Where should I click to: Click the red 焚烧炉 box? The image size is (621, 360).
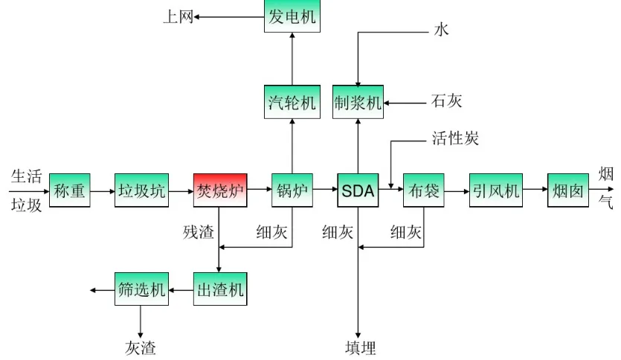[x=219, y=191]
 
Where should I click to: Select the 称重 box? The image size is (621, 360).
[x=70, y=191]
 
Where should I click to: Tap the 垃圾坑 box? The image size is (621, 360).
[x=142, y=191]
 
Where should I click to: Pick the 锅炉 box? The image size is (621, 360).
[x=292, y=191]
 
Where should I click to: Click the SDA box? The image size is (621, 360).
[x=358, y=191]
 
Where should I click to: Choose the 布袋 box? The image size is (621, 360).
[x=423, y=191]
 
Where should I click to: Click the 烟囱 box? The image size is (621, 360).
[x=568, y=191]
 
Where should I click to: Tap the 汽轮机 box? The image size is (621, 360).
[x=292, y=102]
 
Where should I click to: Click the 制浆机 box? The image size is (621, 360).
[x=358, y=102]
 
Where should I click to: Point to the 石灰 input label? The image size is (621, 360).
[x=446, y=101]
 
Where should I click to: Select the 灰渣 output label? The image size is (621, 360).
[x=141, y=347]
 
